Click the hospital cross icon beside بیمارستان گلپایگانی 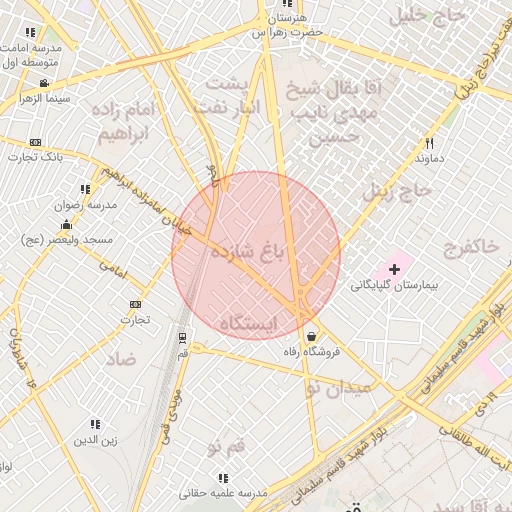[x=395, y=269]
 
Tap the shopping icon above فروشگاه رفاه [x=315, y=336]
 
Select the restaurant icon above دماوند [x=429, y=142]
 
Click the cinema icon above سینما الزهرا [x=44, y=83]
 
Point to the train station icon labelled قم [x=182, y=337]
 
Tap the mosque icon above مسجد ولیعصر [x=67, y=223]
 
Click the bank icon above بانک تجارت [x=36, y=142]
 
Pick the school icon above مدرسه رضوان [x=84, y=188]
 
